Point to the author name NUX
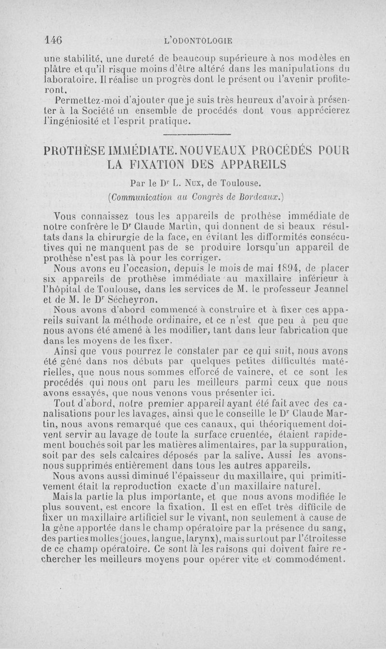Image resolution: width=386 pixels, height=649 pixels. coord(184,183)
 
